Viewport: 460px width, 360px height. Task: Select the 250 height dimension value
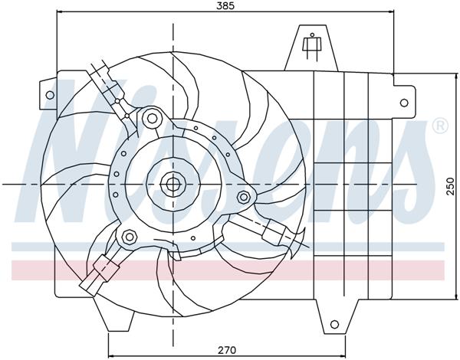tap(452, 186)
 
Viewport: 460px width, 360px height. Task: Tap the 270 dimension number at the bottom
tap(225, 349)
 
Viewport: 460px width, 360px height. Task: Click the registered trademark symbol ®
tap(439, 125)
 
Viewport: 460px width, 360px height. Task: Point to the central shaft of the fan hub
tap(172, 183)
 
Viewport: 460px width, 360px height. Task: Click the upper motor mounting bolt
tap(152, 118)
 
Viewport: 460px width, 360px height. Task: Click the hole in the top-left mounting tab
tap(50, 96)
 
